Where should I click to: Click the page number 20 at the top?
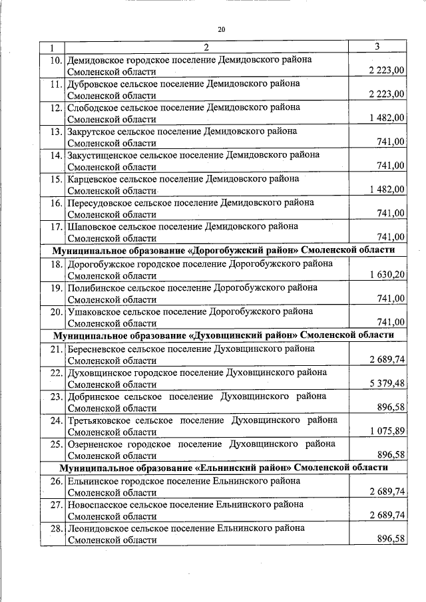click(x=222, y=29)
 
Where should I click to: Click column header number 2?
click(x=206, y=47)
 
